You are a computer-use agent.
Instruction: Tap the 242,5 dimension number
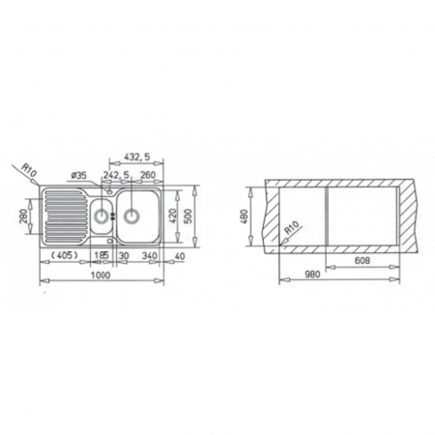point(117,175)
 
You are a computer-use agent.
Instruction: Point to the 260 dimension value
point(147,175)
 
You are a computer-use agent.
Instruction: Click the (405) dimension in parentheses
point(65,256)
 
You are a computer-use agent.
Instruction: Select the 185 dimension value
point(101,256)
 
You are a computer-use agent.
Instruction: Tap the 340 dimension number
point(149,256)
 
